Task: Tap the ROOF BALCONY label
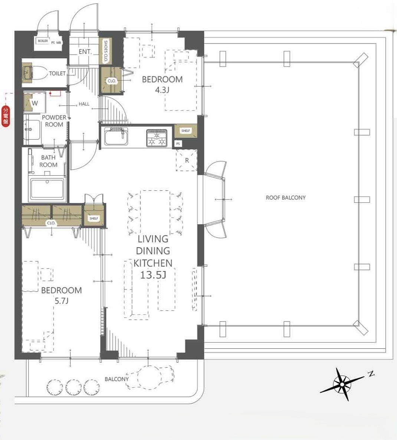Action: point(285,198)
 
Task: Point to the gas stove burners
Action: point(157,138)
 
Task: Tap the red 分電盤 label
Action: point(6,115)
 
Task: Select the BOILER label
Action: point(43,41)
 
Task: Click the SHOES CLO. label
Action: point(106,51)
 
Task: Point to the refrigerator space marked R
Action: point(187,160)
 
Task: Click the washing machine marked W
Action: point(35,103)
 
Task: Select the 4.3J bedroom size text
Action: point(162,90)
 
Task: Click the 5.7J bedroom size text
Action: point(61,301)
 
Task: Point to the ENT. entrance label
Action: point(85,52)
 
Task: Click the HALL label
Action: point(84,104)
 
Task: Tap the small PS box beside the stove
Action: point(178,144)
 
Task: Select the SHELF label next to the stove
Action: point(186,131)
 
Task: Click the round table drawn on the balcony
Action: point(149,378)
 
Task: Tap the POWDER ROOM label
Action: point(54,121)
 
